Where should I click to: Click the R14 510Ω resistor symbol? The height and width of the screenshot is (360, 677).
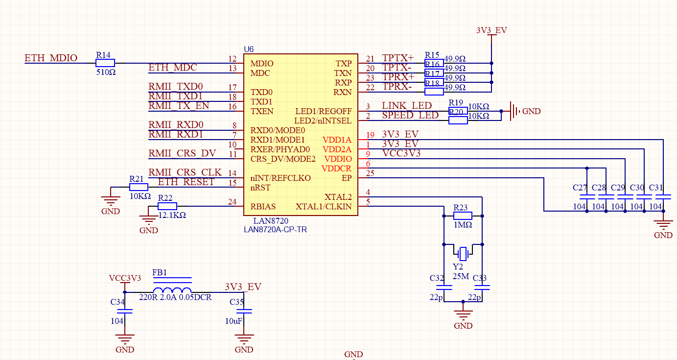pos(105,63)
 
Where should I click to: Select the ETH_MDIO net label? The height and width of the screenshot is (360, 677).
pos(51,58)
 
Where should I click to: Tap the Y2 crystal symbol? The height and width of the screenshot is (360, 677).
pos(463,254)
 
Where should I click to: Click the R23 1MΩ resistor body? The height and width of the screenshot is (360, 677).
pos(463,216)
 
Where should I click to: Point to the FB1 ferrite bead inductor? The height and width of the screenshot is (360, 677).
pos(172,289)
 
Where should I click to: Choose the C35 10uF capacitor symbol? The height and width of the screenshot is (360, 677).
pos(244,311)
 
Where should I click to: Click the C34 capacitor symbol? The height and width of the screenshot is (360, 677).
pos(125,311)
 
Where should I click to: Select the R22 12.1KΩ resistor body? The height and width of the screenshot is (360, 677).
pos(167,206)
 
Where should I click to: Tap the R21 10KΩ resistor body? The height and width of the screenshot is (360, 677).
pos(139,187)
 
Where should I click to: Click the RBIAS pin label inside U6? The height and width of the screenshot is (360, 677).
pos(263,206)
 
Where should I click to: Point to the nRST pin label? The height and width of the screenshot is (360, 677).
pos(260,187)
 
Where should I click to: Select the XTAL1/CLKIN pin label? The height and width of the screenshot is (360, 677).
pos(323,206)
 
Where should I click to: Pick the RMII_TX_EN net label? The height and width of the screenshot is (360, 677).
pos(178,106)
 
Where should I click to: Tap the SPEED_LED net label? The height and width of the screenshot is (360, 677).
pos(410,115)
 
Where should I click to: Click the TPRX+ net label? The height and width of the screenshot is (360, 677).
pos(398,77)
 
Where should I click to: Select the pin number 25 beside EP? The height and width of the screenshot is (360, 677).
pos(370,173)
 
